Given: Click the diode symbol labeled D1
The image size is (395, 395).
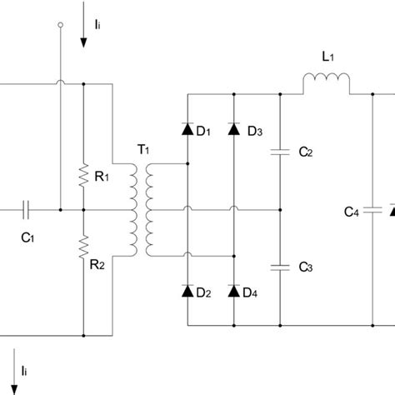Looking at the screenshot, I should point(187,130).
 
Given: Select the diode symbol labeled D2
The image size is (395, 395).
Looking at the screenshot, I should point(187,291).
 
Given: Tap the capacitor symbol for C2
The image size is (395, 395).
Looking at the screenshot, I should point(280,152).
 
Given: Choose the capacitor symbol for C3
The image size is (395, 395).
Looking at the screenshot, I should point(280,267).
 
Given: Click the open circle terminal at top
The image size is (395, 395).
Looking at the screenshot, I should point(61,27).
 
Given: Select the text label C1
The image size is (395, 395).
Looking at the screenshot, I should point(27,236).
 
